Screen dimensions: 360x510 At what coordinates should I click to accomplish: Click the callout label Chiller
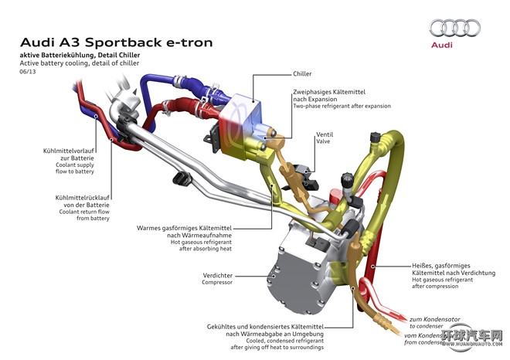pos(302,74)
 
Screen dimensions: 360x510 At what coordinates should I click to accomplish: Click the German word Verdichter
pos(218,274)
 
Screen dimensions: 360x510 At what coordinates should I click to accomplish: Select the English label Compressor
pos(217,283)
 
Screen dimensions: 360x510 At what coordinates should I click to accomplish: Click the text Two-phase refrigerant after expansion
pos(342,106)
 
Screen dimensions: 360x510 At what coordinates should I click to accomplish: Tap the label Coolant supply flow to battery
pos(74,169)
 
